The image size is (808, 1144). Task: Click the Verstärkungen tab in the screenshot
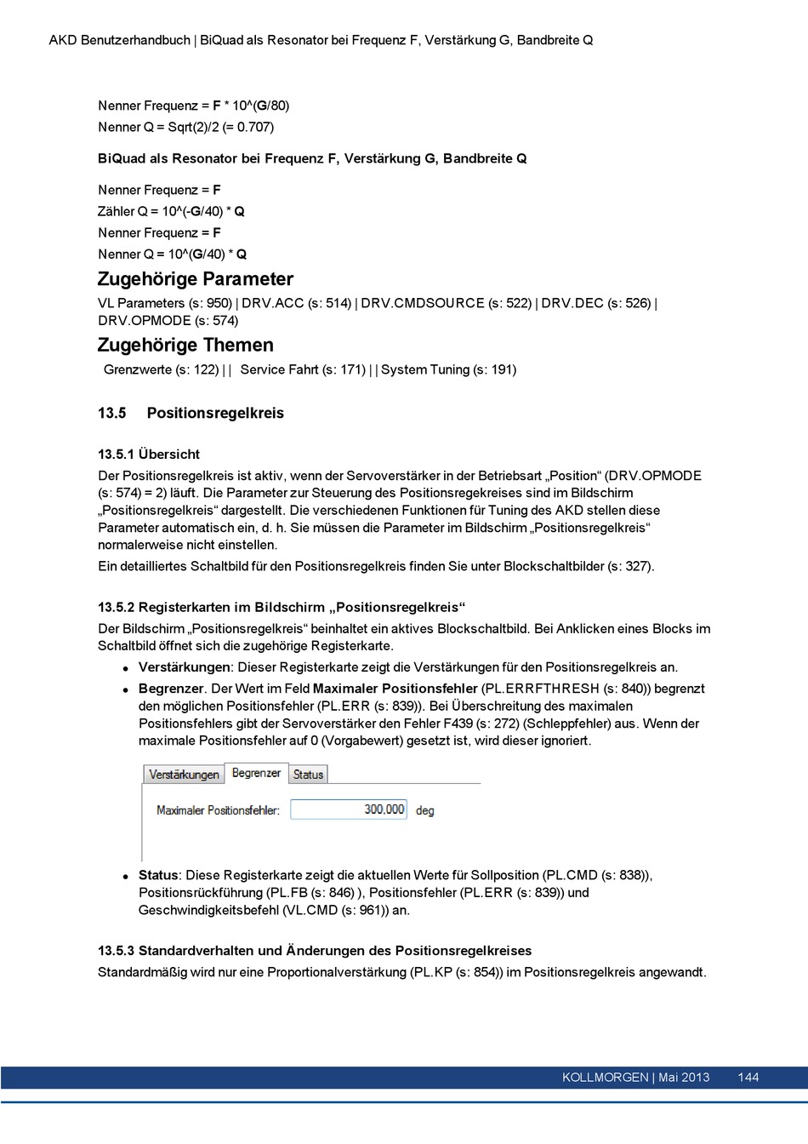coord(184,775)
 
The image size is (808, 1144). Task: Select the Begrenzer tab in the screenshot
coord(256,773)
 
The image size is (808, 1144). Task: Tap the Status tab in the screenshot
coord(308,775)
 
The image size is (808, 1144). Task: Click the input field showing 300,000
coord(349,809)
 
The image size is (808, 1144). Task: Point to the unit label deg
coord(424,810)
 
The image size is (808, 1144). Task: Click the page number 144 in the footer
coord(748,1078)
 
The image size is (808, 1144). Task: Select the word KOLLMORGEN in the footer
coord(605,1078)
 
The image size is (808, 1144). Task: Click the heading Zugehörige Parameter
coord(196,279)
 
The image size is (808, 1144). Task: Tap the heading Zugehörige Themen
coord(185,345)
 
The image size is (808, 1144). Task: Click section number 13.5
coord(111,413)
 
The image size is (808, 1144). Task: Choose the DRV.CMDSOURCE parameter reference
coord(422,303)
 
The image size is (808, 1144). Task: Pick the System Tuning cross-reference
coord(424,369)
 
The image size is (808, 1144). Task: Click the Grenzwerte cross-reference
coord(139,369)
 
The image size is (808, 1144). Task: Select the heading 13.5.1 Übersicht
coord(149,455)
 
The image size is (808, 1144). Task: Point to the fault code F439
coord(458,724)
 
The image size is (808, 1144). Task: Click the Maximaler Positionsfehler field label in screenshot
coord(218,810)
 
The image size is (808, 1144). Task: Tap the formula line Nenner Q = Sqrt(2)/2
coord(185,127)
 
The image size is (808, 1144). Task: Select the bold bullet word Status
coord(158,875)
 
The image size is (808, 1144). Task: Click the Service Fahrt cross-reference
coord(279,369)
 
